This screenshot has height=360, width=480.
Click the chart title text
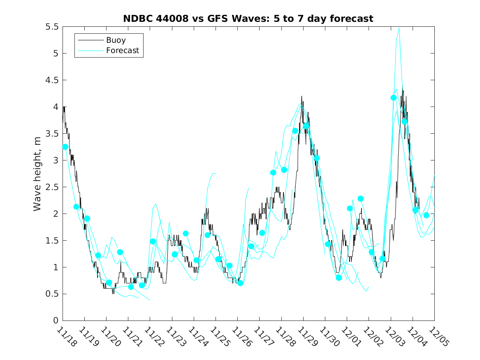pyautogui.click(x=248, y=19)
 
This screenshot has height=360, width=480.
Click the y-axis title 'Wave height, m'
pyautogui.click(x=37, y=173)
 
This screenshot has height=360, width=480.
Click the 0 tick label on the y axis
pyautogui.click(x=56, y=321)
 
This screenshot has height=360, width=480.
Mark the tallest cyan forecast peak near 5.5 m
pyautogui.click(x=399, y=28)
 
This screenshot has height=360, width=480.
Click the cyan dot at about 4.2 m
pyautogui.click(x=394, y=98)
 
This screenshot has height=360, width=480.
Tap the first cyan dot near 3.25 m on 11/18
pyautogui.click(x=65, y=147)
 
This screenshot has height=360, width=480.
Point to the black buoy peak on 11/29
pyautogui.click(x=301, y=97)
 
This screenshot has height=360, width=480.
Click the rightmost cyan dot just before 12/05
pyautogui.click(x=426, y=215)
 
